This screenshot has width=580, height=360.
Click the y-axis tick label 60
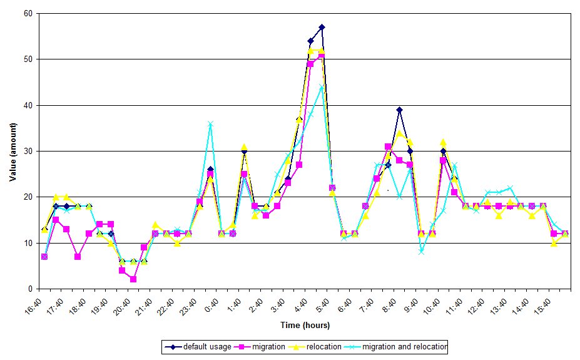point(28,13)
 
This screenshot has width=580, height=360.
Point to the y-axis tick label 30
point(28,151)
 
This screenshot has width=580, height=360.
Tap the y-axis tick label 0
point(29,289)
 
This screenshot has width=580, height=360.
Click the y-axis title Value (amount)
point(13,151)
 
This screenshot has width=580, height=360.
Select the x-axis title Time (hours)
point(305,325)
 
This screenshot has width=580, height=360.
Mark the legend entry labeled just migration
point(263,346)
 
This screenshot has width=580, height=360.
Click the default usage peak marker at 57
point(322,27)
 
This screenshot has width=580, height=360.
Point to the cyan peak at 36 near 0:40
point(211,124)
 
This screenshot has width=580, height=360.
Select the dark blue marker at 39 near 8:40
point(399,110)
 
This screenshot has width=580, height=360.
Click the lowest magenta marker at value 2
point(133,279)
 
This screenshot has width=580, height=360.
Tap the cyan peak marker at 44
point(322,87)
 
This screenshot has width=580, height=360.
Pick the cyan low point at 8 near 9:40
point(422,252)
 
